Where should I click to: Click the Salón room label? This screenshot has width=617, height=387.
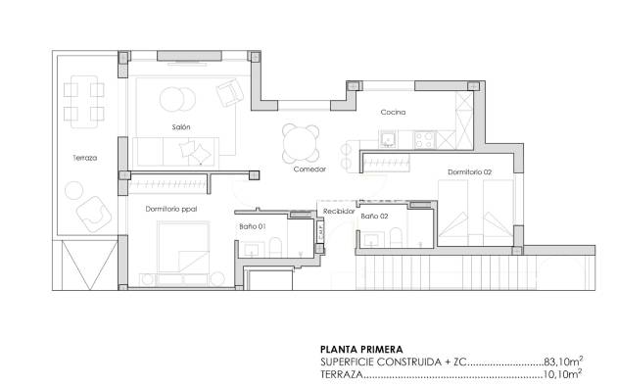[180, 127]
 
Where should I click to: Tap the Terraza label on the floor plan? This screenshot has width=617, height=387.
[84, 158]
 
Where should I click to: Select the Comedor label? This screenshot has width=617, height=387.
[309, 169]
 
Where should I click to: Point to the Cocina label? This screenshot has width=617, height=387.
[394, 113]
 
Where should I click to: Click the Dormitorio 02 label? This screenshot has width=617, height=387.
[469, 172]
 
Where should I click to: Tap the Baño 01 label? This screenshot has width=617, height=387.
[252, 226]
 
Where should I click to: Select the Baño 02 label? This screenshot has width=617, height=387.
[374, 216]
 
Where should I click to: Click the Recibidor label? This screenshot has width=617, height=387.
[339, 209]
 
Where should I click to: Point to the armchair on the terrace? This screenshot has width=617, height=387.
[94, 210]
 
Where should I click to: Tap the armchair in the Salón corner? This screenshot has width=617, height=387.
[230, 93]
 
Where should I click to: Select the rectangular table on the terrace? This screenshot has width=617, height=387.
[84, 101]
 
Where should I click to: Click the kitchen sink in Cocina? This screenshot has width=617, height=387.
[390, 138]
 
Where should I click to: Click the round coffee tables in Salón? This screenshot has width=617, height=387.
[176, 100]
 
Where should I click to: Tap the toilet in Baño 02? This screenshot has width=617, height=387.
[394, 237]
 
